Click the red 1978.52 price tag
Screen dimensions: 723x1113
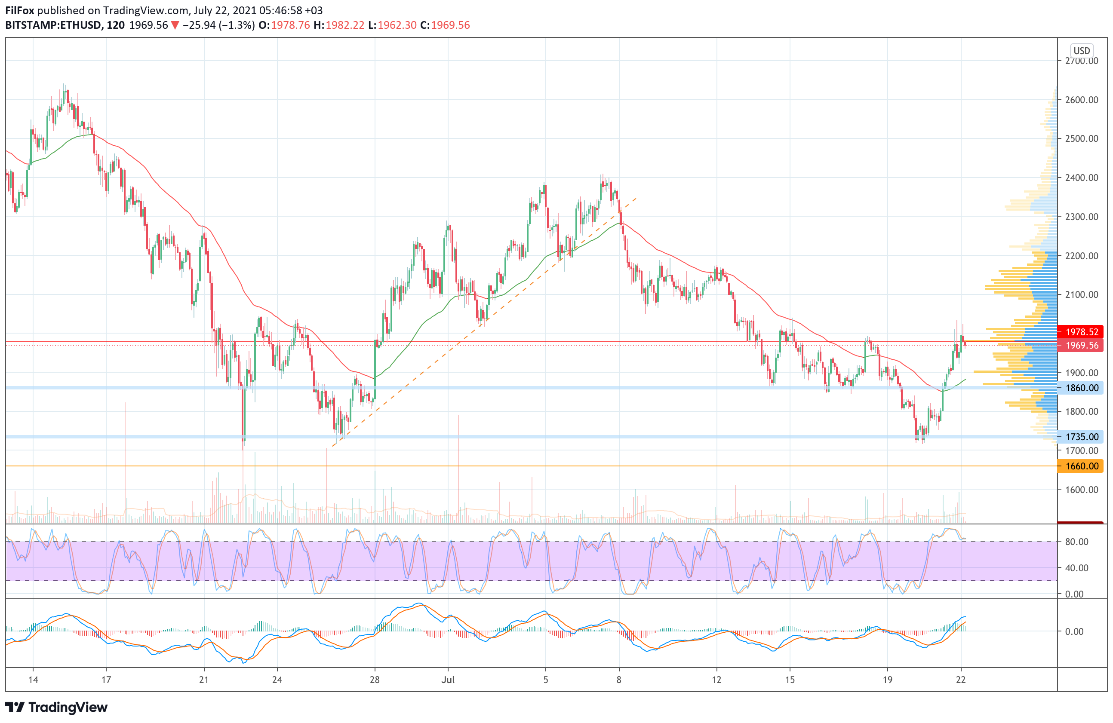pyautogui.click(x=1081, y=332)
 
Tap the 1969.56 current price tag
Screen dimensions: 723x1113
pyautogui.click(x=1081, y=345)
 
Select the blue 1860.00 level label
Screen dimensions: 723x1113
pyautogui.click(x=1081, y=387)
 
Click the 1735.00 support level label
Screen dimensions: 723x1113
pyautogui.click(x=1081, y=437)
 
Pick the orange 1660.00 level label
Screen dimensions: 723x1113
pyautogui.click(x=1081, y=466)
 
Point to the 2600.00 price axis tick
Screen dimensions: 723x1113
pyautogui.click(x=1081, y=100)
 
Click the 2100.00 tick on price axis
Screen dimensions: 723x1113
pyautogui.click(x=1081, y=294)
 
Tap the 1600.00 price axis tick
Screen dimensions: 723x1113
pyautogui.click(x=1081, y=489)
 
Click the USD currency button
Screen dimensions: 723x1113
pyautogui.click(x=1081, y=50)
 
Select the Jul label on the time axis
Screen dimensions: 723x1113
pyautogui.click(x=448, y=680)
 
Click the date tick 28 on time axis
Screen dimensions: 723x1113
pyautogui.click(x=375, y=680)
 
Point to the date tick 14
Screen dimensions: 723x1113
pyautogui.click(x=33, y=680)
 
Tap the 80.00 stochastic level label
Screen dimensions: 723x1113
pyautogui.click(x=1076, y=542)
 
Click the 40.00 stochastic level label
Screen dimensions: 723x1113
pyautogui.click(x=1076, y=568)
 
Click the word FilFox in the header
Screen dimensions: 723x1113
pyautogui.click(x=20, y=10)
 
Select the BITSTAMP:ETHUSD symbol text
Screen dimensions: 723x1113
pyautogui.click(x=53, y=25)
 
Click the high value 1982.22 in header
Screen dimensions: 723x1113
pyautogui.click(x=344, y=25)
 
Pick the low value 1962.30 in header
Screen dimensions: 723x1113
pyautogui.click(x=397, y=25)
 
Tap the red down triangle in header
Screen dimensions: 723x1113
pyautogui.click(x=175, y=25)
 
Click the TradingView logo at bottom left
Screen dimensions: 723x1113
pyautogui.click(x=56, y=707)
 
